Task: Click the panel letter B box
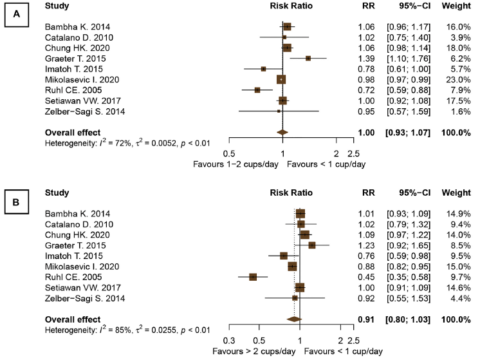pyautogui.click(x=17, y=203)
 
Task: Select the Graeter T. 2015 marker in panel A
pyautogui.click(x=308, y=58)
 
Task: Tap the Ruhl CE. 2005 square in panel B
pyautogui.click(x=253, y=277)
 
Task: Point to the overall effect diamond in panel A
pyautogui.click(x=281, y=132)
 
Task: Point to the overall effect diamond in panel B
pyautogui.click(x=294, y=319)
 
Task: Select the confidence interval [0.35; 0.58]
pyautogui.click(x=410, y=277)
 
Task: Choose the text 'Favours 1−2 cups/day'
pyautogui.click(x=235, y=164)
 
